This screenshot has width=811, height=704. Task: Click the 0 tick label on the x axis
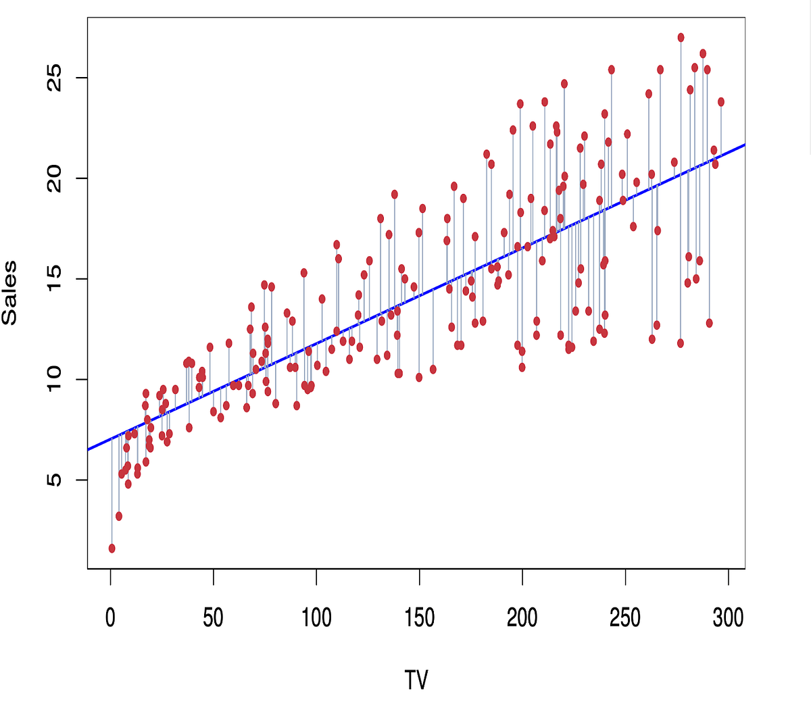pyautogui.click(x=110, y=617)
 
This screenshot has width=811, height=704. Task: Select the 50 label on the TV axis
pyautogui.click(x=213, y=617)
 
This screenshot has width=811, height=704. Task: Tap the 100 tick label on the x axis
pyautogui.click(x=316, y=617)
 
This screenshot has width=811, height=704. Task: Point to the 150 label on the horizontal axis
pyautogui.click(x=419, y=617)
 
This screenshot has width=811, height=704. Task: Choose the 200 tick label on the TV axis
pyautogui.click(x=522, y=617)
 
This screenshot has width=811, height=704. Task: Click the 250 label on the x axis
pyautogui.click(x=625, y=617)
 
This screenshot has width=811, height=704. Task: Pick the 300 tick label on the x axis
pyautogui.click(x=728, y=617)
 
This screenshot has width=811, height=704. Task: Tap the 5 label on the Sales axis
pyautogui.click(x=54, y=480)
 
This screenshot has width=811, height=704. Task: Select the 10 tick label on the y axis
pyautogui.click(x=54, y=379)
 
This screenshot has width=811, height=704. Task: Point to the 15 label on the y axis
pyautogui.click(x=54, y=278)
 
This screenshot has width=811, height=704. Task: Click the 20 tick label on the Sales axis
pyautogui.click(x=54, y=178)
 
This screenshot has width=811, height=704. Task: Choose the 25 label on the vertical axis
pyautogui.click(x=54, y=78)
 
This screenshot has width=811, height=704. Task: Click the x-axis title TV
pyautogui.click(x=416, y=680)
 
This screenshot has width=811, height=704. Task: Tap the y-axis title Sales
pyautogui.click(x=9, y=293)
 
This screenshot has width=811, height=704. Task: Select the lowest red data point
pyautogui.click(x=112, y=549)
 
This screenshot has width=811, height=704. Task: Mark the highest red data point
pyautogui.click(x=681, y=38)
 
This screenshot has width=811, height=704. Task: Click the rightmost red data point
pyautogui.click(x=721, y=102)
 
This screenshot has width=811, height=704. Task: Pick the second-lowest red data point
pyautogui.click(x=119, y=516)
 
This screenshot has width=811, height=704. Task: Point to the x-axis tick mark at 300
pyautogui.click(x=729, y=574)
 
